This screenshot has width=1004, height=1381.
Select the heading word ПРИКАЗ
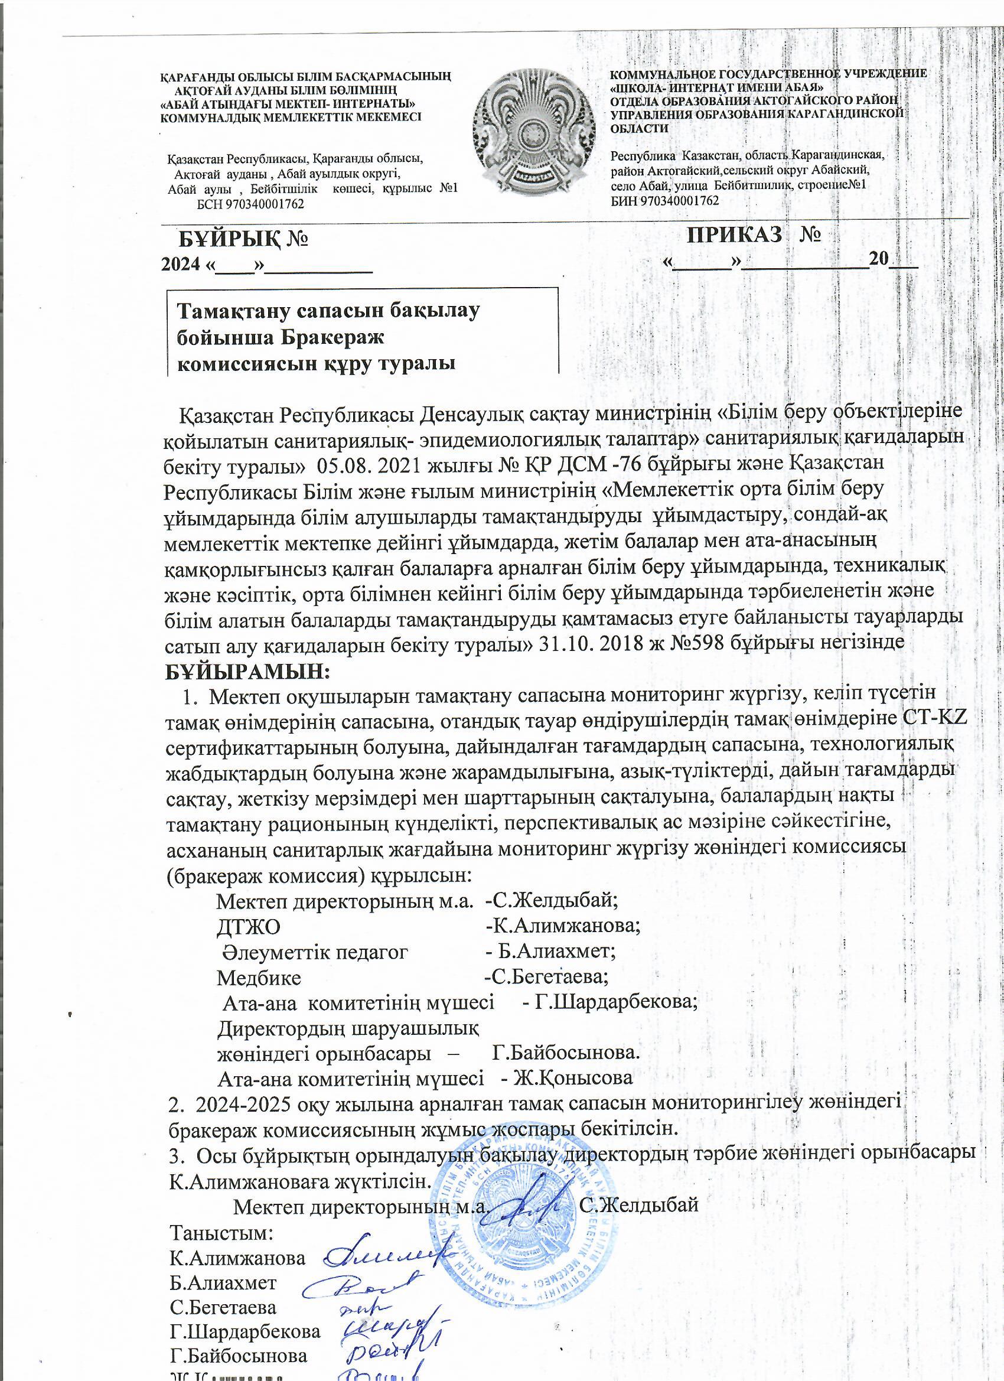(734, 234)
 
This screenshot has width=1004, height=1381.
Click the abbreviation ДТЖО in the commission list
(249, 943)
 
